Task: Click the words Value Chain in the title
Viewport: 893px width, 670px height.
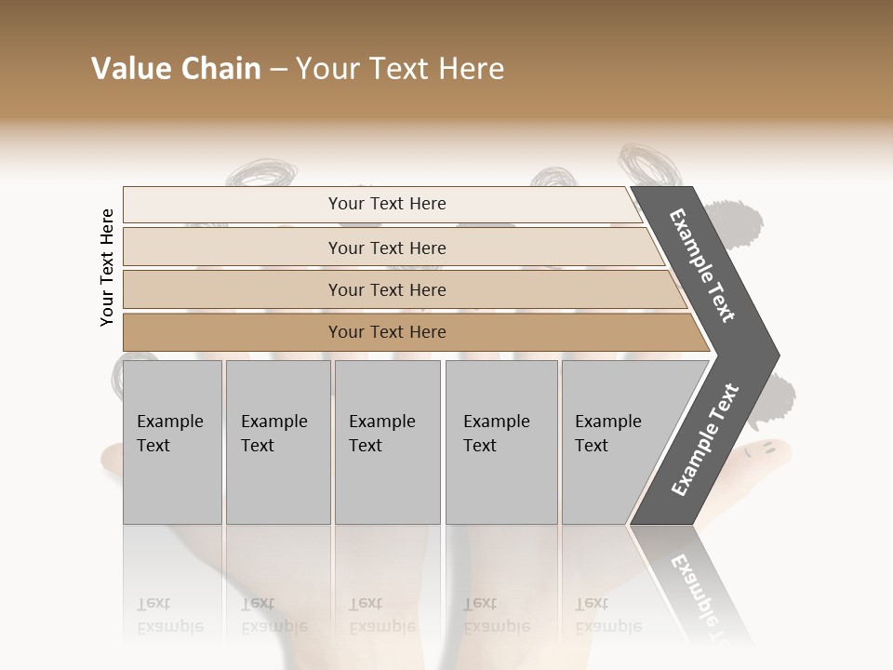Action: tap(176, 69)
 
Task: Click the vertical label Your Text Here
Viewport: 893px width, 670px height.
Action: tap(107, 267)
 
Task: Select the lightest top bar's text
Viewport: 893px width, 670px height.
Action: tap(387, 204)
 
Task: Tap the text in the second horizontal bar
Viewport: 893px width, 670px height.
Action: tap(387, 248)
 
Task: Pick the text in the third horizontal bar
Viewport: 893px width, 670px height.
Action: tap(387, 289)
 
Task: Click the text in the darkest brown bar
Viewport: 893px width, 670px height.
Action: tap(387, 332)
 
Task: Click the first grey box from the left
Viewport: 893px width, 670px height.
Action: tap(172, 442)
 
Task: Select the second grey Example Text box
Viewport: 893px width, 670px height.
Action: tap(277, 442)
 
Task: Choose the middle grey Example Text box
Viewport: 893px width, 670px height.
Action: tap(387, 442)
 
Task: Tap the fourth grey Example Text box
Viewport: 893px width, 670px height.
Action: tap(500, 442)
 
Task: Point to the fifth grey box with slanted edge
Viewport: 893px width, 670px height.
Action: tap(614, 442)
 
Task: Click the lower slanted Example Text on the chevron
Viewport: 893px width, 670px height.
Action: tap(705, 440)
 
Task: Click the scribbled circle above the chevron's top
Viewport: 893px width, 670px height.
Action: tap(643, 164)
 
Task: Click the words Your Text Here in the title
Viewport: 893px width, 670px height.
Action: tap(400, 69)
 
